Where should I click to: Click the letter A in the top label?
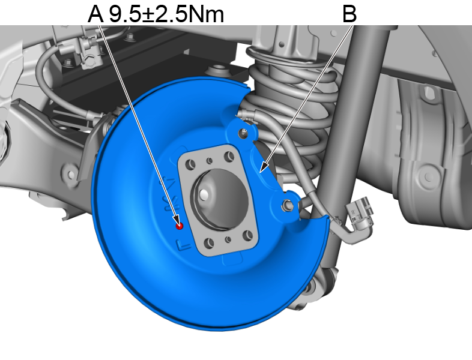95,13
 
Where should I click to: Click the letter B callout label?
349,13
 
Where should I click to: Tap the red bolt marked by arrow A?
179,226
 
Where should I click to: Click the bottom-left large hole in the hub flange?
208,243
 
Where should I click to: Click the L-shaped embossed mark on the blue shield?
182,244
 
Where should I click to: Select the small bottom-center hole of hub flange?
228,239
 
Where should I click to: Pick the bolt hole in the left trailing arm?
71,175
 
